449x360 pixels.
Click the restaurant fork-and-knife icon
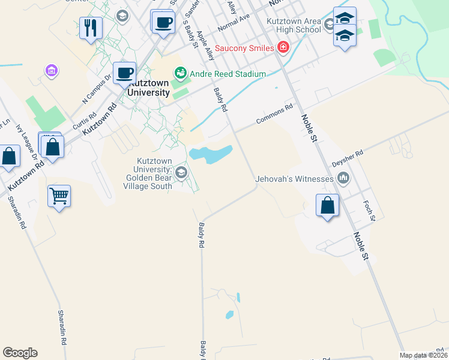[91, 28]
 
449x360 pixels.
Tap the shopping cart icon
[59, 196]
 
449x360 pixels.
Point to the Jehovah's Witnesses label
[294, 179]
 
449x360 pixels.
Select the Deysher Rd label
[348, 158]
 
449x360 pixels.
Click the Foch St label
[369, 211]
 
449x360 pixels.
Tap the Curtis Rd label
[84, 122]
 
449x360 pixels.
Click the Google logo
[20, 353]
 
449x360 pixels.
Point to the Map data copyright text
[423, 355]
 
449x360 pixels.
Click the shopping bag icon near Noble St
[327, 205]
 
